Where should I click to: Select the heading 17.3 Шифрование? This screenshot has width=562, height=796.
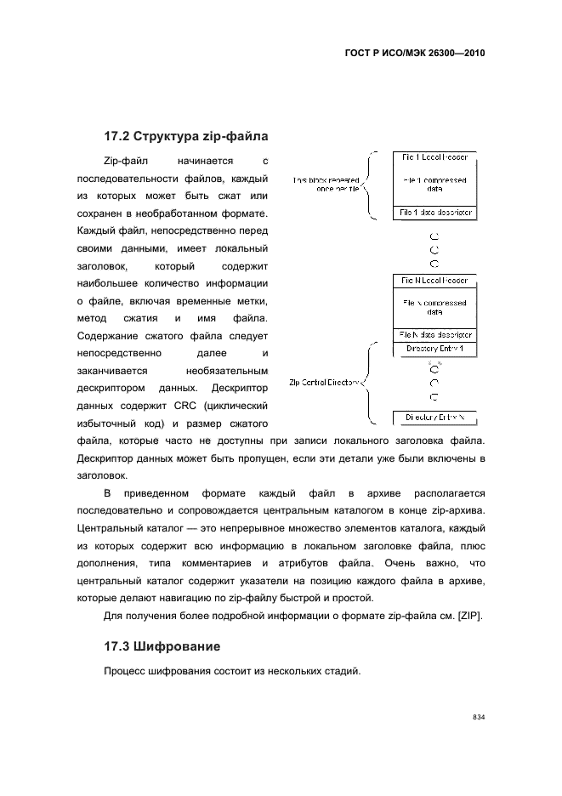162,647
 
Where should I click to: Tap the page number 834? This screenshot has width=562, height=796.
478,718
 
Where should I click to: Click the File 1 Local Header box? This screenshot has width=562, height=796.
434,157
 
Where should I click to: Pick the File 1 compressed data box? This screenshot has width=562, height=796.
434,185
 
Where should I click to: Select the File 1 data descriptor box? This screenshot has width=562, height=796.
434,212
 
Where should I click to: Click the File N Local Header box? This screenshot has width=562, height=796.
434,281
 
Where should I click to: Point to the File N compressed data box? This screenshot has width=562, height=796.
434,307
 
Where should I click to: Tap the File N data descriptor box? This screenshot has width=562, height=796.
434,334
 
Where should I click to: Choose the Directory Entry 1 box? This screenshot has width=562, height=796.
434,350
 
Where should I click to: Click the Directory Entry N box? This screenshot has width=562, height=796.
434,417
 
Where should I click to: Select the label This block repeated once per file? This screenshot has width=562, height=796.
326,185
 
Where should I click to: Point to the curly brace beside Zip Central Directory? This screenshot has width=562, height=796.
367,383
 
